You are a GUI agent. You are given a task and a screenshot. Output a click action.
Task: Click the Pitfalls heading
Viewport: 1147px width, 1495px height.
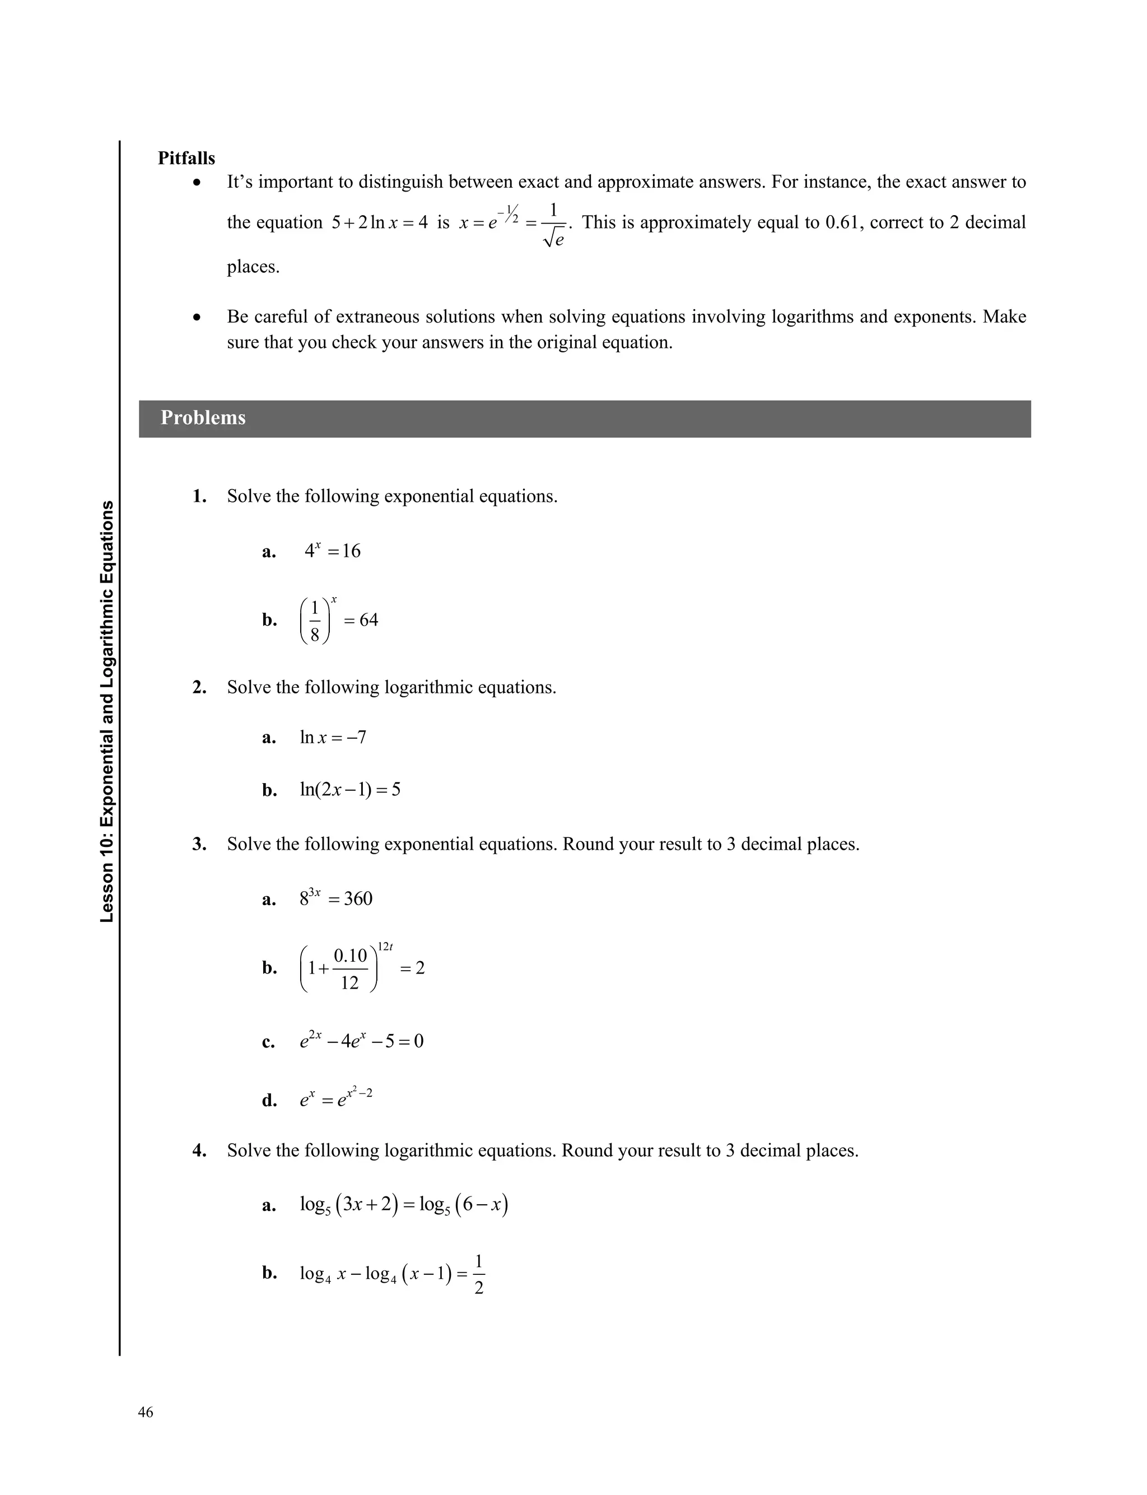point(186,159)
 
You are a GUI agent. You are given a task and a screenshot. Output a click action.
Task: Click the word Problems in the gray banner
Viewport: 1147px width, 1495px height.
point(203,418)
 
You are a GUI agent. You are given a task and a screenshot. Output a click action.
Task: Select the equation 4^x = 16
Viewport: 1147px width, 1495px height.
point(333,551)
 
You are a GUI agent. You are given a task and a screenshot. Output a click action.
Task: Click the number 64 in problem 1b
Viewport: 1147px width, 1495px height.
point(369,620)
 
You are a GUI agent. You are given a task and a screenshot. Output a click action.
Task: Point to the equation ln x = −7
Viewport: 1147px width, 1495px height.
point(333,737)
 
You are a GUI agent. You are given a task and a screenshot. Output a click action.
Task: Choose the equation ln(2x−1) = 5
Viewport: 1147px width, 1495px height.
point(350,790)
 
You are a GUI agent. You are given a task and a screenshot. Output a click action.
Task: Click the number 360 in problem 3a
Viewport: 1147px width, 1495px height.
point(358,899)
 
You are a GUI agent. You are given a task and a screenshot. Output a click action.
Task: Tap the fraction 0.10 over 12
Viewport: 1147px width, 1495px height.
point(350,968)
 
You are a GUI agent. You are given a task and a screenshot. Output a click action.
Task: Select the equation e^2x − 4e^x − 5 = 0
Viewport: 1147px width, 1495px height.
point(362,1041)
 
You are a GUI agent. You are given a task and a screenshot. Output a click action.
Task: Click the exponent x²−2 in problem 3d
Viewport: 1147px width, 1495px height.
point(359,1093)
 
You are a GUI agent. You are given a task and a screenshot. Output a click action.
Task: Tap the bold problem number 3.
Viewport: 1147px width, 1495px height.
point(199,845)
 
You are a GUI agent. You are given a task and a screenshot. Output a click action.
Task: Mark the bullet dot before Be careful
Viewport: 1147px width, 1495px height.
point(197,318)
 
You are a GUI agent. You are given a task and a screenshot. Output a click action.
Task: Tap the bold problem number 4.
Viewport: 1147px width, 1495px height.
point(199,1151)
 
